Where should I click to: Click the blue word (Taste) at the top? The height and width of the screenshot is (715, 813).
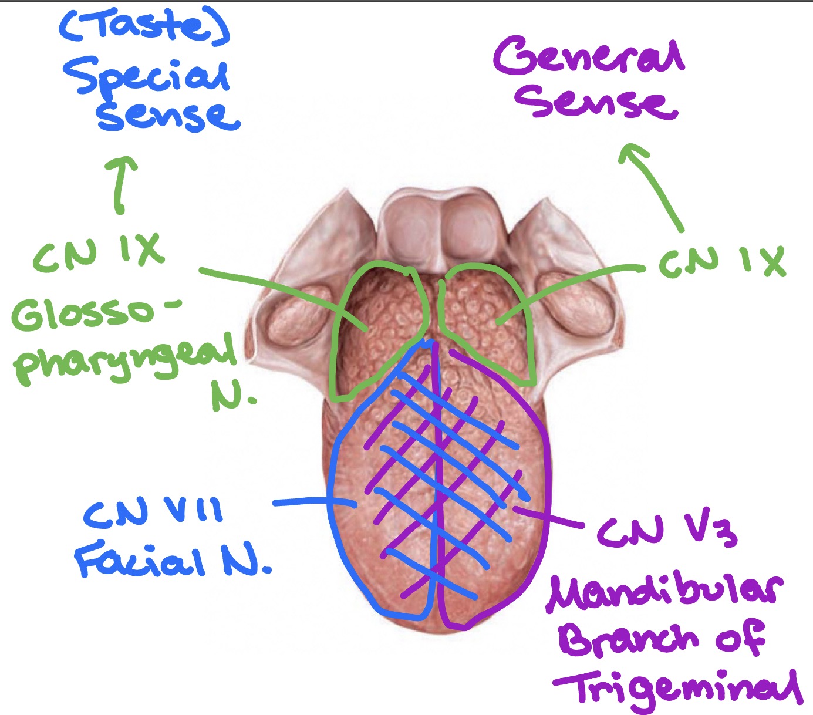(144, 26)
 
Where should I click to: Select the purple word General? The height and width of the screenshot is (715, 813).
(589, 56)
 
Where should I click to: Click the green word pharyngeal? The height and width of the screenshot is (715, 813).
(123, 357)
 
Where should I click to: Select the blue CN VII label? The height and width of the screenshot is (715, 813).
(154, 511)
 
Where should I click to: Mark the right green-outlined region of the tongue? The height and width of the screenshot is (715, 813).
(487, 323)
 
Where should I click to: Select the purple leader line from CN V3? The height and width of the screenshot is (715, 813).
(549, 517)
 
